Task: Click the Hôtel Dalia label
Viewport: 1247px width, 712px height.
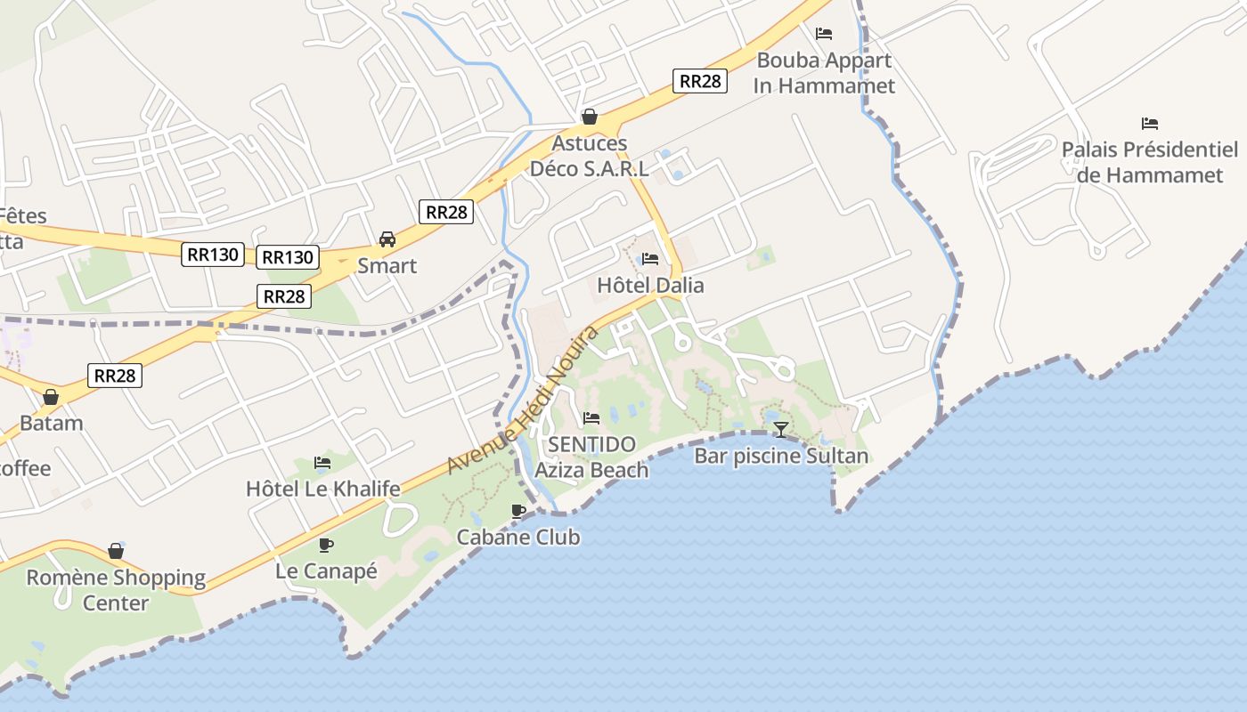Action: click(x=650, y=286)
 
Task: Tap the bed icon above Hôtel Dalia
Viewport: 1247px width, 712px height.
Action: click(x=650, y=259)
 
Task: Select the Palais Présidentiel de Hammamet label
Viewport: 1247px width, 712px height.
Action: click(x=1150, y=162)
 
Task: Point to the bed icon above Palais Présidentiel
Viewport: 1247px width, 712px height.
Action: click(x=1150, y=123)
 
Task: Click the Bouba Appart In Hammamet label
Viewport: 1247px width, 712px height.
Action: click(x=824, y=73)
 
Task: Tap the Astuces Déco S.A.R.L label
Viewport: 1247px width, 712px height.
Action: click(x=589, y=156)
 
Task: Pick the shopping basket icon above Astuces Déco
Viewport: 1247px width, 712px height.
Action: click(x=589, y=117)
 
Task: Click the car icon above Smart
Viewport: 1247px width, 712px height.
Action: click(x=387, y=239)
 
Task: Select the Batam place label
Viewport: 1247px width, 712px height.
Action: click(x=51, y=423)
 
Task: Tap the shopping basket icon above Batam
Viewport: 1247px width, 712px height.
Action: click(x=51, y=397)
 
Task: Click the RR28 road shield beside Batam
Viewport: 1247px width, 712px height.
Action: click(x=115, y=376)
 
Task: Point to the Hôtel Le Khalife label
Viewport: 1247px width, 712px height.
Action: click(x=322, y=489)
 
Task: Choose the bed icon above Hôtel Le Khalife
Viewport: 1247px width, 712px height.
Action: click(x=322, y=463)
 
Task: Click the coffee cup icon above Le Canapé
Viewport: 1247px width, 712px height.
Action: click(x=326, y=545)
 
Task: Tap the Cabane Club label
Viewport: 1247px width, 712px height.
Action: click(x=518, y=537)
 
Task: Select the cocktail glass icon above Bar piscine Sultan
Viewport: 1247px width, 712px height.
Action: click(x=781, y=430)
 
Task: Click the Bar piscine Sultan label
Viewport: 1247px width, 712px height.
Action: click(x=781, y=457)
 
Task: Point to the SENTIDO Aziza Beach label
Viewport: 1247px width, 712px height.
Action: click(x=592, y=457)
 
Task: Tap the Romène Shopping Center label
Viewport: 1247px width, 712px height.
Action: click(x=116, y=590)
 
